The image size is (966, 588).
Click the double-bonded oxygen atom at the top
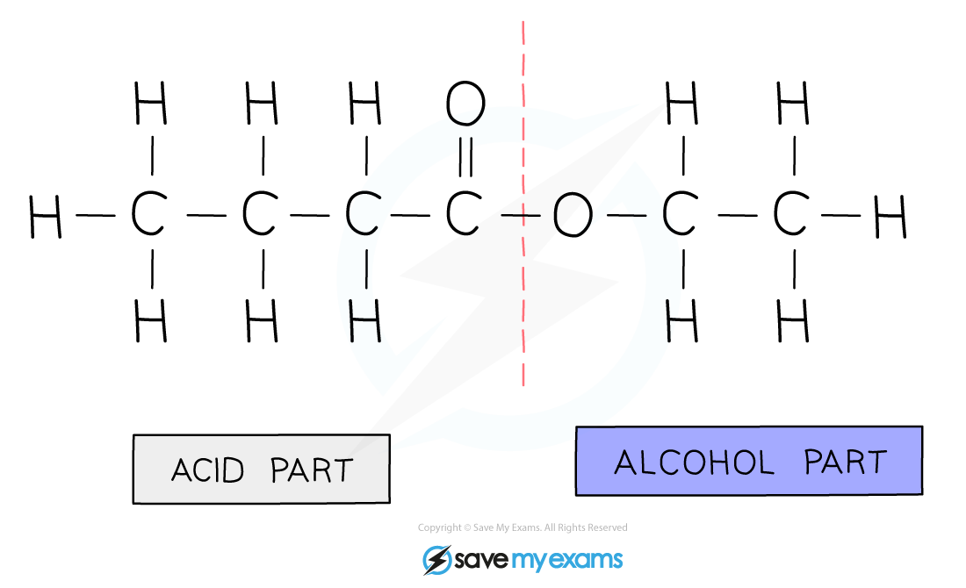click(465, 103)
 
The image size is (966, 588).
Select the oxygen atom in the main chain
click(573, 216)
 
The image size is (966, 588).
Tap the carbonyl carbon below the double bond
click(464, 213)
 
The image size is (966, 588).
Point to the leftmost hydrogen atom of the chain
click(46, 216)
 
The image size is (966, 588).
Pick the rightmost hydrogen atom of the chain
click(890, 216)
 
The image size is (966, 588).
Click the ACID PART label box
click(261, 470)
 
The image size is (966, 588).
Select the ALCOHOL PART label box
click(749, 461)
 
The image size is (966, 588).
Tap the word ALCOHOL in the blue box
click(695, 463)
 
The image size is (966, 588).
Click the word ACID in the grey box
click(207, 470)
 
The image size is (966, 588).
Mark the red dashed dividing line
click(523, 204)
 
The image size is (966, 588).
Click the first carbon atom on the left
click(149, 213)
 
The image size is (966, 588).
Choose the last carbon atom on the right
click(791, 213)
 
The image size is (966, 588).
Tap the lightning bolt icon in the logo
click(437, 560)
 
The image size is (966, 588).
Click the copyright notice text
click(523, 527)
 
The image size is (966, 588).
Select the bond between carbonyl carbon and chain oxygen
click(521, 216)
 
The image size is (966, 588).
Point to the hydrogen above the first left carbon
click(151, 103)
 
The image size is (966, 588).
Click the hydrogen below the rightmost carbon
click(793, 320)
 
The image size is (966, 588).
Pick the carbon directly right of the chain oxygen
click(680, 213)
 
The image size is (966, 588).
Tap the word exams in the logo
click(585, 561)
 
